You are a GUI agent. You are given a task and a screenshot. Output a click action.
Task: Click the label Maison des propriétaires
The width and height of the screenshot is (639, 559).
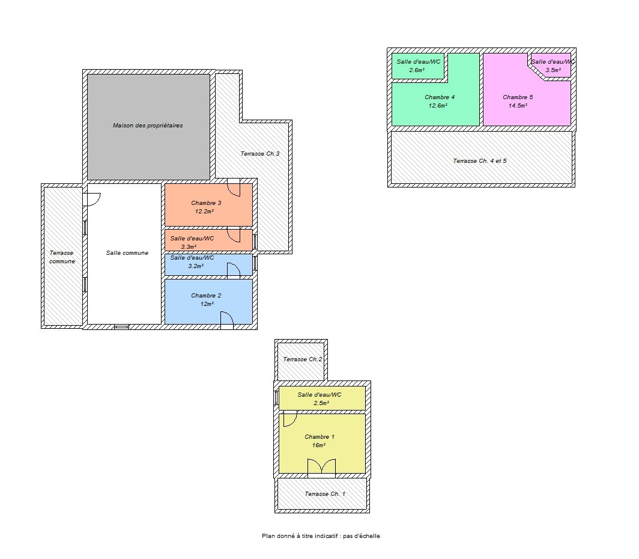point(148,126)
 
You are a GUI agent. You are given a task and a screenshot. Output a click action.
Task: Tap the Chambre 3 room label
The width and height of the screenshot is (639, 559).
point(206,203)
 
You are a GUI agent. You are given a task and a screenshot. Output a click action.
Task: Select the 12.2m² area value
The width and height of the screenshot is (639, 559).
point(205,212)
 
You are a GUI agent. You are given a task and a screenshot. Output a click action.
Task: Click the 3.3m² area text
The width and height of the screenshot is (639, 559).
point(189,246)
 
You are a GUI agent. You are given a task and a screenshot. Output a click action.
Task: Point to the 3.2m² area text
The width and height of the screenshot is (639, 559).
point(196,266)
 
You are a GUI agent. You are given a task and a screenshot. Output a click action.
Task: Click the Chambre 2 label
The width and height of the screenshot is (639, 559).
point(206,296)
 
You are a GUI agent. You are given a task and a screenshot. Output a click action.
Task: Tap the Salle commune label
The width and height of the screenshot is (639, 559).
point(127,253)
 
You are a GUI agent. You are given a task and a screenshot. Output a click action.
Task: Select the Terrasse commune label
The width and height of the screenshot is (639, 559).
point(62,257)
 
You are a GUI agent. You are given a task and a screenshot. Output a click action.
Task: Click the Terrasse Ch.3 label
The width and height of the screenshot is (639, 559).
point(260,154)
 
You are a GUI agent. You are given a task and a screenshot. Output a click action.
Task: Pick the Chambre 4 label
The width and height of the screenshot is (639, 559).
point(440,97)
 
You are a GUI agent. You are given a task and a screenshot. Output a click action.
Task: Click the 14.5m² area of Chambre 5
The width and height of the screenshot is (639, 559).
point(518,106)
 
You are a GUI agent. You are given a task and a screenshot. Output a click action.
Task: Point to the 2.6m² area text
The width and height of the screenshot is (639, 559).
point(417,70)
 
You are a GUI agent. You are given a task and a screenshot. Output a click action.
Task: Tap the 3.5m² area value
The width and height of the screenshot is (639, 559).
point(553,70)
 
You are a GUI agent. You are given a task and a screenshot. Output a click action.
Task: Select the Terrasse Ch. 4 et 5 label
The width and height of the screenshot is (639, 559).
point(480,161)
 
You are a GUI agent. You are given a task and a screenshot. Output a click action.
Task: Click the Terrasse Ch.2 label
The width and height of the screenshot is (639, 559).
point(303,359)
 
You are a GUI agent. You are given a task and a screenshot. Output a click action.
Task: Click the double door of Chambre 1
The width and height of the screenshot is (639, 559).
point(321,468)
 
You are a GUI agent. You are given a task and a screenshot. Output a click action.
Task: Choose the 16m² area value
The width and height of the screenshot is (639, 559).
point(319,445)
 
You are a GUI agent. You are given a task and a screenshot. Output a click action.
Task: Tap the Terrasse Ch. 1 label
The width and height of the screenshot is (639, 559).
point(325,493)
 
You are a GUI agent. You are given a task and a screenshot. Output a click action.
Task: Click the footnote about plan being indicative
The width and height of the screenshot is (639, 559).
point(321,536)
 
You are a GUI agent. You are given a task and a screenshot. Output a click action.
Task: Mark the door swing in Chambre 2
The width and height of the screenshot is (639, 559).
point(227,320)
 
